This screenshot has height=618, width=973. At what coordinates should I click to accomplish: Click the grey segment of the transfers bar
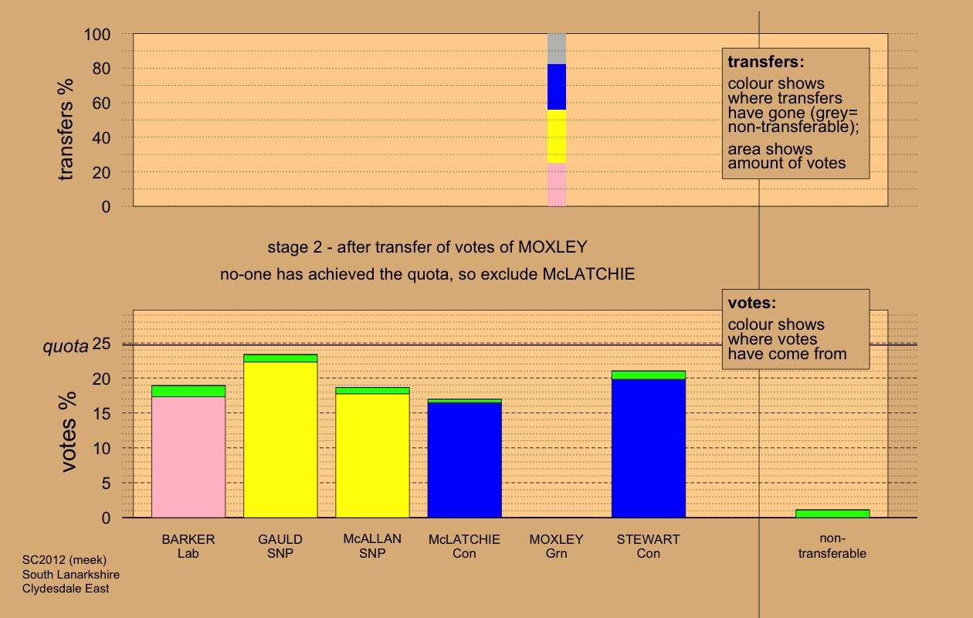(x=557, y=49)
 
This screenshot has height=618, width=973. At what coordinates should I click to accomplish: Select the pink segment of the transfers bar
(x=557, y=185)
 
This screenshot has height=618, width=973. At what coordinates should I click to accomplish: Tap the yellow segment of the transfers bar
(x=557, y=137)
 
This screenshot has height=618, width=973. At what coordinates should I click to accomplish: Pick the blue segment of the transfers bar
(x=557, y=87)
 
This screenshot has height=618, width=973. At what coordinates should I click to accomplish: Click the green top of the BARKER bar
(x=188, y=391)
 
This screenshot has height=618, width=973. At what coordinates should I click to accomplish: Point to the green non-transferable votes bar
(x=832, y=514)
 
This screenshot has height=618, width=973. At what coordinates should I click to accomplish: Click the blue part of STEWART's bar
(x=649, y=448)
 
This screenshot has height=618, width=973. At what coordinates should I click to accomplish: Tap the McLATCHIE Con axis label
(x=464, y=546)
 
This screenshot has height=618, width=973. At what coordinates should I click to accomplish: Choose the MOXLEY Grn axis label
(x=556, y=546)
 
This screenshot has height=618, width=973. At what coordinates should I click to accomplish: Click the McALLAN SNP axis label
(x=372, y=546)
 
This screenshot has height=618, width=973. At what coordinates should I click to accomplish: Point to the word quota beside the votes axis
(x=64, y=347)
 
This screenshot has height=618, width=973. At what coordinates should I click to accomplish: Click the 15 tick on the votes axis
(x=101, y=414)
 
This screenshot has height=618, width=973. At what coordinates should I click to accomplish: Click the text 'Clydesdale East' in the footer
(x=66, y=589)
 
